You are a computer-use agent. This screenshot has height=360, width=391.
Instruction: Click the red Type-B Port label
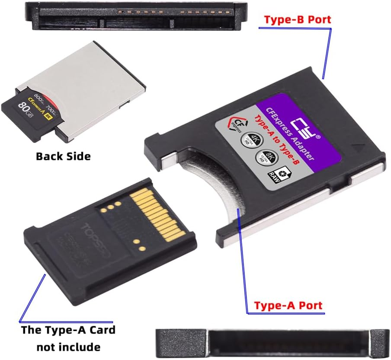pyautogui.click(x=298, y=19)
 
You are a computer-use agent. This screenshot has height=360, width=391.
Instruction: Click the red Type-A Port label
pyautogui.click(x=288, y=305)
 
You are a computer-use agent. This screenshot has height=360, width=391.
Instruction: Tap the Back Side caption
pyautogui.click(x=63, y=156)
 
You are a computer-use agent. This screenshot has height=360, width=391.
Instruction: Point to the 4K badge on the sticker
pyautogui.click(x=247, y=140)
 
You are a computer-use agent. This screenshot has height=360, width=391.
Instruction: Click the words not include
pyautogui.click(x=68, y=347)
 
